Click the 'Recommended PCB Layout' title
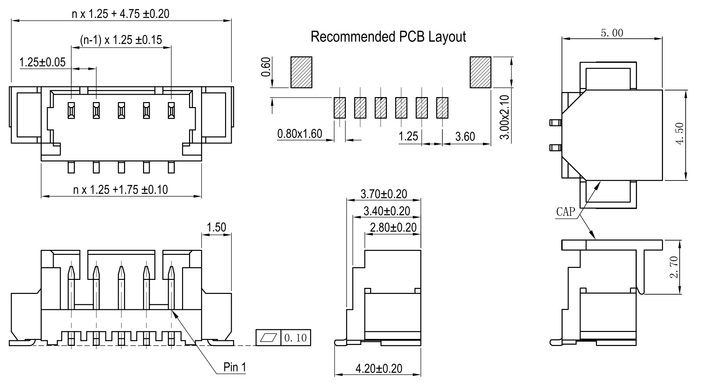(388, 37)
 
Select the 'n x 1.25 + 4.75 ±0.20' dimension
(121, 14)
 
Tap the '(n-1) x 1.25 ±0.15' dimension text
(121, 40)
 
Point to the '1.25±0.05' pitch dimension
(42, 62)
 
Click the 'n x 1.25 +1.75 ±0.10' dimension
(120, 190)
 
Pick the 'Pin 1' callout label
(235, 367)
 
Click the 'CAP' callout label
(566, 212)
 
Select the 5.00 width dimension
(612, 33)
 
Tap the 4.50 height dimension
(680, 134)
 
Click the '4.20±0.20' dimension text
(379, 369)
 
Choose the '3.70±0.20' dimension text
(384, 194)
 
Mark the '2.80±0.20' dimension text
(393, 228)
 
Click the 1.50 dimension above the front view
(216, 228)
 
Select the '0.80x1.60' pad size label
(300, 134)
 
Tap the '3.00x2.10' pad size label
(505, 117)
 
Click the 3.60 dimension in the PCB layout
(465, 136)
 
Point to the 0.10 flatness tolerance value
(295, 338)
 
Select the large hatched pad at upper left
(301, 72)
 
